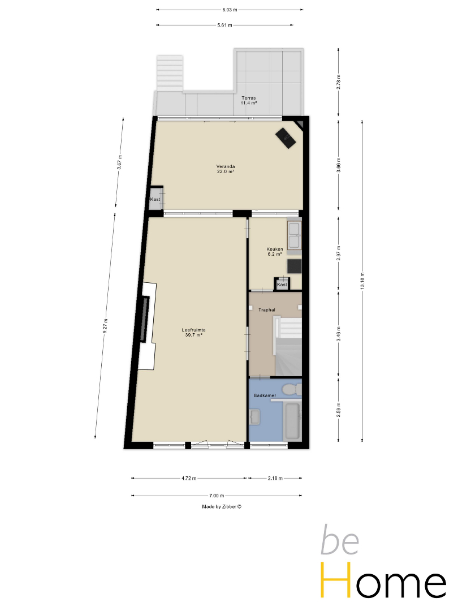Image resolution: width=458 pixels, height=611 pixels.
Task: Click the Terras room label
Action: click(248, 101)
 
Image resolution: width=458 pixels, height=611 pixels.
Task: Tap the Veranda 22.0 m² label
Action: click(226, 169)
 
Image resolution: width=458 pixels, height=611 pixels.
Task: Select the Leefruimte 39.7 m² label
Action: click(193, 333)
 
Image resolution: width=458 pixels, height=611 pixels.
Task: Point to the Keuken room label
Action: click(275, 251)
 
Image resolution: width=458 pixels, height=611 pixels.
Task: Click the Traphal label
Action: click(267, 310)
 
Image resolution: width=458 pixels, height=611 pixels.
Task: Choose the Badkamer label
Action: click(265, 395)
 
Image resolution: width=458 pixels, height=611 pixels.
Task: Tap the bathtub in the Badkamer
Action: click(292, 421)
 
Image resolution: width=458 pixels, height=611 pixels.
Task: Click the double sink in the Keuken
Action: click(294, 235)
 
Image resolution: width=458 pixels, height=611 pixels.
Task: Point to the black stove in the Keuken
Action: click(295, 266)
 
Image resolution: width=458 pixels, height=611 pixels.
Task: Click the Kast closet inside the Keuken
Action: click(282, 284)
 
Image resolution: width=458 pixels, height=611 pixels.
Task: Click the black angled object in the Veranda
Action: click(286, 137)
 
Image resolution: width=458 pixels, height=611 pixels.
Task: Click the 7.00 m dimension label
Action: click(217, 496)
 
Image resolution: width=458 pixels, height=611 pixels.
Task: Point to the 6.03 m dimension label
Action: click(230, 10)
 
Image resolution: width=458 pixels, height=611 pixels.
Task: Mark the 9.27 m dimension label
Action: click(105, 326)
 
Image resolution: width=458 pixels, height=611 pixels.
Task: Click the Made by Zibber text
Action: click(222, 506)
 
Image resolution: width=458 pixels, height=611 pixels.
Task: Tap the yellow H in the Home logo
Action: click(336, 579)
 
